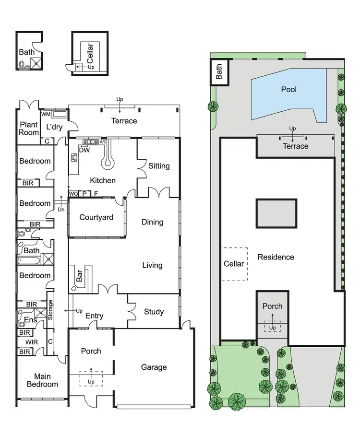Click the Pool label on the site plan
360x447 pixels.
click(x=288, y=90)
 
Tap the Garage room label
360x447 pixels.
click(x=154, y=367)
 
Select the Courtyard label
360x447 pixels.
click(x=96, y=217)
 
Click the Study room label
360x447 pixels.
click(x=154, y=312)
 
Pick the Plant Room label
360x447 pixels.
click(x=29, y=129)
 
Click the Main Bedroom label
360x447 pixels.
click(x=42, y=380)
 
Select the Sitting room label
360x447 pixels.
click(x=158, y=166)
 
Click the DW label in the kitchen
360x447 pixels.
click(x=84, y=150)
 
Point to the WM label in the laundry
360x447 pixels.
click(x=46, y=114)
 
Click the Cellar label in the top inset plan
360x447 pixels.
click(x=90, y=52)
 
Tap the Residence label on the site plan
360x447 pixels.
click(x=276, y=257)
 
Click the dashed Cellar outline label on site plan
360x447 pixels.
click(x=234, y=264)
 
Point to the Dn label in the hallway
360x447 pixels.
click(x=61, y=210)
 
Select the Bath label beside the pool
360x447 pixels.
click(x=219, y=72)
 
